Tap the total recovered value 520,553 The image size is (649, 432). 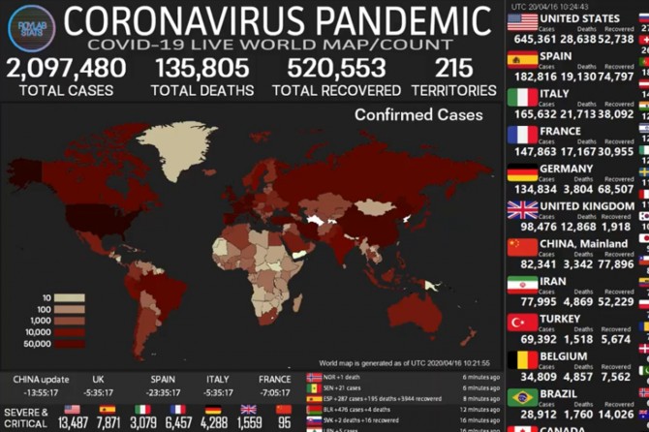336,69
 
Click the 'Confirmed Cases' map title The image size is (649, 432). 417,115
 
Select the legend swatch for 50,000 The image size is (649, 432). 69,344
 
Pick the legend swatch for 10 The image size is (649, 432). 69,297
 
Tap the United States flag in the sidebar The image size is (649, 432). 522,22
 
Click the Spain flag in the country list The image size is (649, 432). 522,60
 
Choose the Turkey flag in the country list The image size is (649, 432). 522,322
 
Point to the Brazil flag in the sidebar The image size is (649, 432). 522,396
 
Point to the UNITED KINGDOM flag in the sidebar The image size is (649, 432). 522,209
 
